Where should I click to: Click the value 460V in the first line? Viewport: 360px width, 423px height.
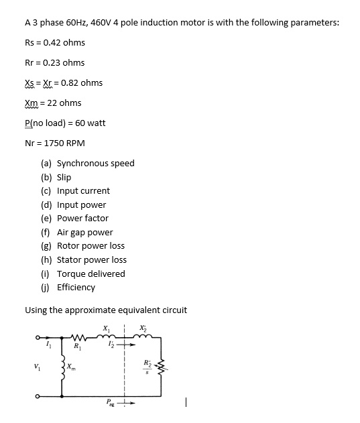(101, 22)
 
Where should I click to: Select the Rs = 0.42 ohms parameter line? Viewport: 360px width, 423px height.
(55, 43)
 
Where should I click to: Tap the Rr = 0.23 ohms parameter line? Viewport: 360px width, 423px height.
(55, 62)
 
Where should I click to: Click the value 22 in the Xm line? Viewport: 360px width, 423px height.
(52, 103)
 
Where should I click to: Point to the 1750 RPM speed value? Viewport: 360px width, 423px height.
(64, 143)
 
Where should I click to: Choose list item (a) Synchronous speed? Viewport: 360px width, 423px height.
(88, 164)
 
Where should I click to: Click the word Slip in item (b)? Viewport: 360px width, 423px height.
(64, 177)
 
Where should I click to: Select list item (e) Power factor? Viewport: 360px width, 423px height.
(75, 219)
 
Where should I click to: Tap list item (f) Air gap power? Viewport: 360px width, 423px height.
(77, 232)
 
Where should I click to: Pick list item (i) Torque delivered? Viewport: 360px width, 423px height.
(83, 274)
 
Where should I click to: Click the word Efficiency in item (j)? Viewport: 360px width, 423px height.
(76, 288)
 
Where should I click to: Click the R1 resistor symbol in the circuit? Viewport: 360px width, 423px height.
(78, 337)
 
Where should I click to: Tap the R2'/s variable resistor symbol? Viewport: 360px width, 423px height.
(162, 367)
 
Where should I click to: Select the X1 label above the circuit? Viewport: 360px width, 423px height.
(107, 328)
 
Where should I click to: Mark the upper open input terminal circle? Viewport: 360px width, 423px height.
(38, 337)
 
